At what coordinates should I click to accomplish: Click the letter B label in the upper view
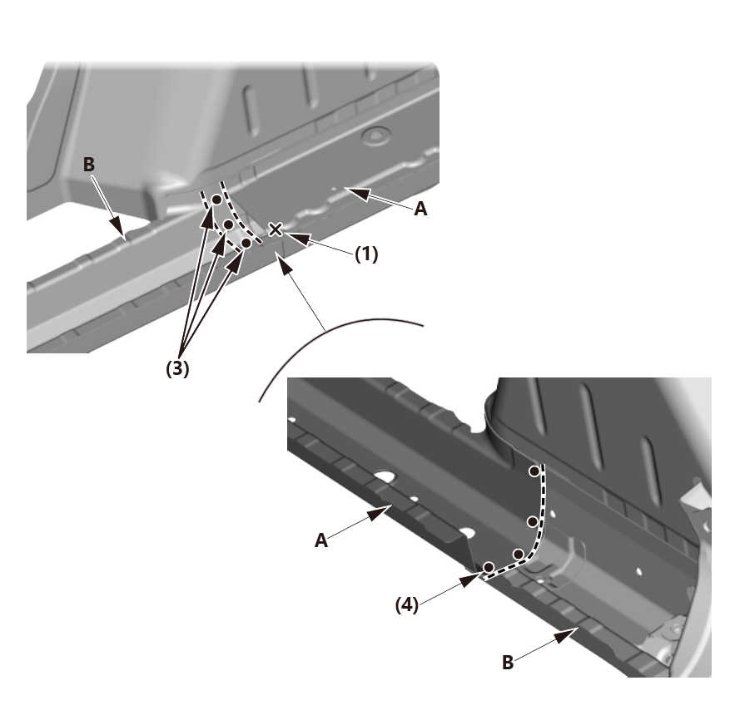click(x=89, y=165)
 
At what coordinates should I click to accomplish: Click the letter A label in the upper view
click(x=421, y=210)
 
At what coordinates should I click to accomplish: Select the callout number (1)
click(x=366, y=255)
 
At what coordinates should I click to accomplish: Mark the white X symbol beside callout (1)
click(x=276, y=229)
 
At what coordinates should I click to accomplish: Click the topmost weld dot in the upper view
click(x=216, y=200)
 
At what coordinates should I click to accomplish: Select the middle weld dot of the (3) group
click(x=227, y=224)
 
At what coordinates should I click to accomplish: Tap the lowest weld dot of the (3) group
click(x=246, y=244)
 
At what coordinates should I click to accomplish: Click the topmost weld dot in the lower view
click(x=534, y=471)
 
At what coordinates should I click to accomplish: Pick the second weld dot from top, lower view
click(x=532, y=521)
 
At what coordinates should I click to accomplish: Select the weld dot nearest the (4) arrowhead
click(x=489, y=567)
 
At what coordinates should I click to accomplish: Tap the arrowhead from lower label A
click(x=388, y=509)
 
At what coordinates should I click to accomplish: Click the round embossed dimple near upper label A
click(x=377, y=132)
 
